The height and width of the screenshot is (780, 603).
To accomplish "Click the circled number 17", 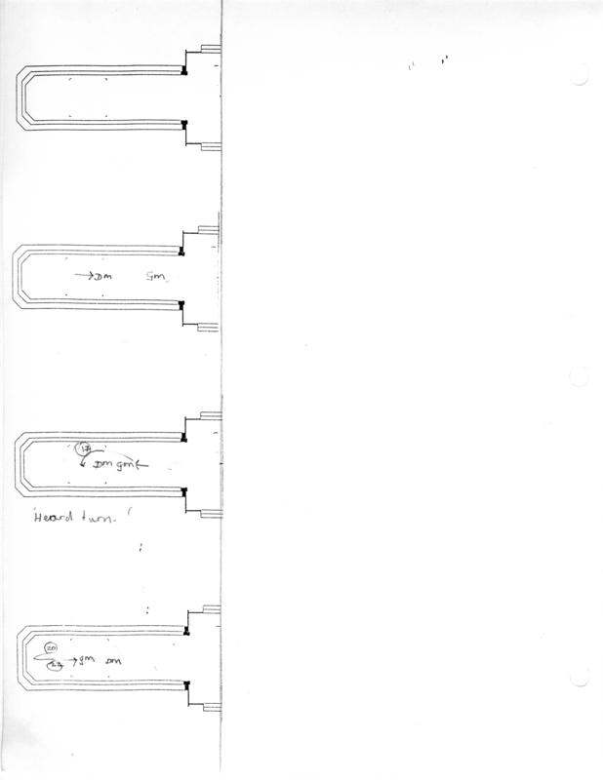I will coord(85,448).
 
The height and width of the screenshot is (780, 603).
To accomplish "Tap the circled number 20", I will coord(52,648).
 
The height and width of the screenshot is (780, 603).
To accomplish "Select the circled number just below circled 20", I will coord(55,663).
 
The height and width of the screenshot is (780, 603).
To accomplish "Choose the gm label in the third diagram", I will coord(129,465).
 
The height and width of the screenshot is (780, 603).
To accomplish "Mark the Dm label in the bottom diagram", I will coord(125,662).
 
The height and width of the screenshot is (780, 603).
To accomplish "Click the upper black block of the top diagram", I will coord(183,70).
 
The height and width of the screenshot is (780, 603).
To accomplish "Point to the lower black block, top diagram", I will coord(183,124).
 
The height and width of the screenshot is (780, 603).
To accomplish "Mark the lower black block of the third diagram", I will coord(182,489).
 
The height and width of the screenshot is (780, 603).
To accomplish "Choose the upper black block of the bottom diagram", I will coord(184,633).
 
